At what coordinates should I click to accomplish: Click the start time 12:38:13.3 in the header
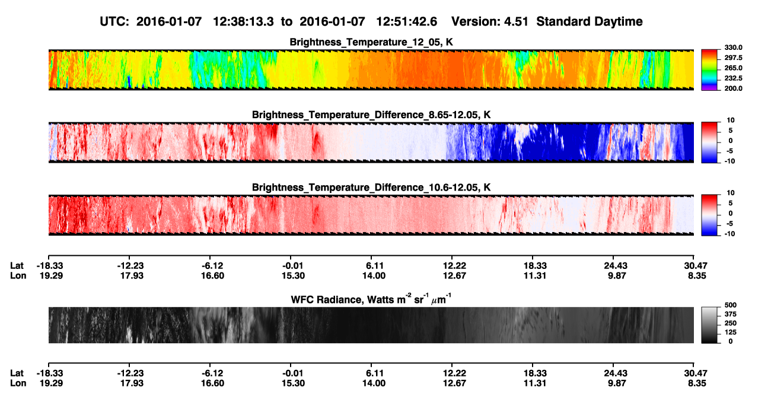(243, 21)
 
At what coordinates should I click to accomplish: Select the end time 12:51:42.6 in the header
(406, 21)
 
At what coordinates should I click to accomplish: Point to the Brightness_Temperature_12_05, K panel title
(371, 42)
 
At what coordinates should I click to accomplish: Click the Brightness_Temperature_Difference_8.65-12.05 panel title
(371, 115)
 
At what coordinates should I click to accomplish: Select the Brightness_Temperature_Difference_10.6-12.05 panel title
(371, 188)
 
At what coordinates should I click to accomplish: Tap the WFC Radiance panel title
(371, 299)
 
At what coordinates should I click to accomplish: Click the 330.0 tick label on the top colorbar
(733, 47)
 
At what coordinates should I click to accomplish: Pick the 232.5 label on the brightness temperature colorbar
(733, 78)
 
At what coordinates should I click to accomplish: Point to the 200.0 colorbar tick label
(733, 88)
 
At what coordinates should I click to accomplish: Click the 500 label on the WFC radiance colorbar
(730, 305)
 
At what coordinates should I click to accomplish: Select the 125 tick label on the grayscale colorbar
(730, 332)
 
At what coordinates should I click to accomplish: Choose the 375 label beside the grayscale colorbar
(730, 314)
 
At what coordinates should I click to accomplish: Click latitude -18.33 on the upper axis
(50, 266)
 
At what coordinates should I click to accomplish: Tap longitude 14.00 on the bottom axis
(374, 384)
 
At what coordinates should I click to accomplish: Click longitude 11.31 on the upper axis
(535, 275)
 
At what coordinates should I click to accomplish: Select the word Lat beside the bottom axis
(17, 373)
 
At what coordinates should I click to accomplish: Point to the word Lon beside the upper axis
(18, 275)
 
